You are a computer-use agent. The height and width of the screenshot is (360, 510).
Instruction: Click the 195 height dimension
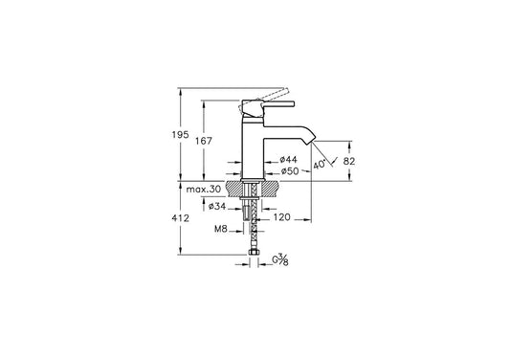pyautogui.click(x=181, y=134)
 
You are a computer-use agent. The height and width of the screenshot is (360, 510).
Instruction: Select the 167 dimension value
pyautogui.click(x=204, y=141)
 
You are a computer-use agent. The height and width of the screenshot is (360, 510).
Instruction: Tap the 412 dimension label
pyautogui.click(x=181, y=218)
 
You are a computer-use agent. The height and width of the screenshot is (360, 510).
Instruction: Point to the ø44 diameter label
pyautogui.click(x=289, y=160)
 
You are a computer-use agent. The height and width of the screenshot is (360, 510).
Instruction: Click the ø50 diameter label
pyautogui.click(x=290, y=170)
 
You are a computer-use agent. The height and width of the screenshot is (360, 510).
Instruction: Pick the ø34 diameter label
pyautogui.click(x=217, y=206)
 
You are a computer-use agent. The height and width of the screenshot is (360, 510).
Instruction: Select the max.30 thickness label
pyautogui.click(x=204, y=190)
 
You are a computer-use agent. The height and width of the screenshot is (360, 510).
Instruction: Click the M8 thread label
pyautogui.click(x=220, y=229)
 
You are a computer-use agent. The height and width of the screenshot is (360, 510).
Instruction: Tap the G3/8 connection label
pyautogui.click(x=280, y=260)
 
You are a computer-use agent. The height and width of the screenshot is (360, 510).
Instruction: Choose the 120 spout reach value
pyautogui.click(x=281, y=217)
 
